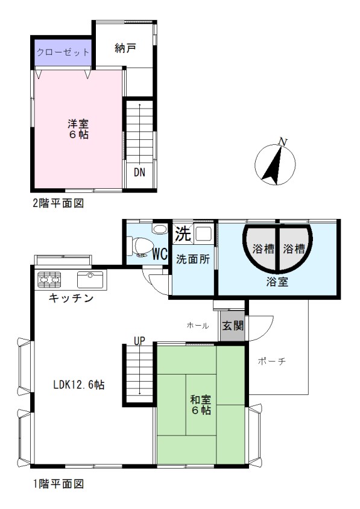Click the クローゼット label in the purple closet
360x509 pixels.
pos(63,52)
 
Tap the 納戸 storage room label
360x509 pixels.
pos(125,48)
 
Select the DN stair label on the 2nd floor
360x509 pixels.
pos(139,172)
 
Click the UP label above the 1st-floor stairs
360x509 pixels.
pos(139,341)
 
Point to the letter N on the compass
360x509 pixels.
pos(283,142)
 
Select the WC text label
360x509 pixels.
pos(160,254)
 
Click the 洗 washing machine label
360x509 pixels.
pos(183,233)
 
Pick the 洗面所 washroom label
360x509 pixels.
pos(193,260)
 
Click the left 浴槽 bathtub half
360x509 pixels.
pos(261,248)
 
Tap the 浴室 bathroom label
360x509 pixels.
pos(277,282)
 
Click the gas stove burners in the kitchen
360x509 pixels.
pos(49,279)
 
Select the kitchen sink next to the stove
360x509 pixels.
pos(90,279)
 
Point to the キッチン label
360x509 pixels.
pos(71,298)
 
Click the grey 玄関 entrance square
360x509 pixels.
pos(233,326)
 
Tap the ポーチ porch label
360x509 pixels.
pos(272,361)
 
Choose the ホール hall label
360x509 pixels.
pos(198,326)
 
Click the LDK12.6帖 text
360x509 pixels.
pos(79,385)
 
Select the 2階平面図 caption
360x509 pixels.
pos(58,203)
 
